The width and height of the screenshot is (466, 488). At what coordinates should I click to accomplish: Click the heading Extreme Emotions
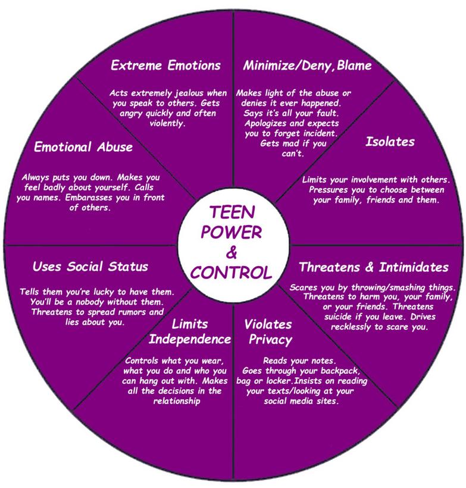(x=165, y=65)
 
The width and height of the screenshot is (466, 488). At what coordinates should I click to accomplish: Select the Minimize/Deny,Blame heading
(x=308, y=65)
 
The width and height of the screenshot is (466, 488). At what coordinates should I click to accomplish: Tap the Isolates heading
(x=390, y=142)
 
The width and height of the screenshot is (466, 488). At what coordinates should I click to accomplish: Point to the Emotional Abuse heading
(x=83, y=147)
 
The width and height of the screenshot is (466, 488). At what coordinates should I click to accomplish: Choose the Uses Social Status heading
(x=90, y=266)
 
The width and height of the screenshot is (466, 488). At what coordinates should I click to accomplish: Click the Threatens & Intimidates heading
(x=373, y=266)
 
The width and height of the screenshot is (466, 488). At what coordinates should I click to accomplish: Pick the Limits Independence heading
(x=190, y=332)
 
